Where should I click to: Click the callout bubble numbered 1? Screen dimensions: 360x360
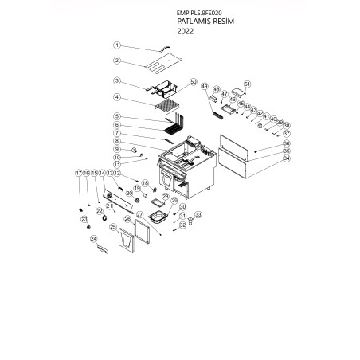click(x=116, y=45)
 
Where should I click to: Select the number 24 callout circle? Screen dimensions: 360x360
click(x=93, y=238)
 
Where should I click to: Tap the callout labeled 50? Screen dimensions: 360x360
click(x=193, y=82)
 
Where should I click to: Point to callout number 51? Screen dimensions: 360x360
click(x=247, y=84)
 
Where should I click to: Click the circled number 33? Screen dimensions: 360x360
click(x=198, y=214)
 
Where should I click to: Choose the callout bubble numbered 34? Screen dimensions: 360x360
click(x=287, y=158)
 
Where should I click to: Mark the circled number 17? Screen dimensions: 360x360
click(x=78, y=173)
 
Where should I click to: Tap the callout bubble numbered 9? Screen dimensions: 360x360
click(x=116, y=149)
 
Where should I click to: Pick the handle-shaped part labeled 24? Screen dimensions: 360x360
click(x=103, y=249)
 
